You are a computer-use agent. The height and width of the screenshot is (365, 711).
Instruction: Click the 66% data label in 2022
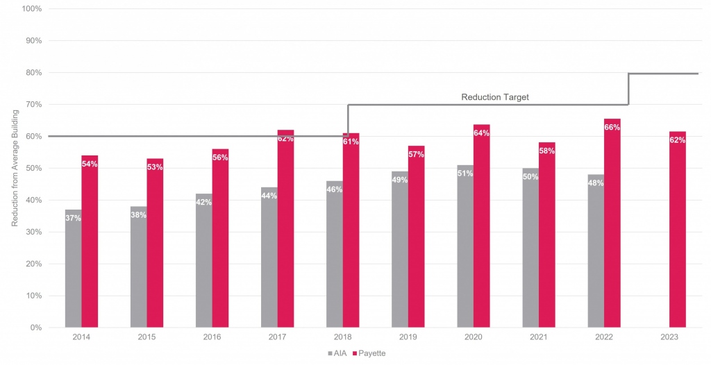coord(612,128)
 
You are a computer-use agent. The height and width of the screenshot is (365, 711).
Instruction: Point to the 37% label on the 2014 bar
coord(73,218)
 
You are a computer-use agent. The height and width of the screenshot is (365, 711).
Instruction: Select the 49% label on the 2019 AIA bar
coord(400,180)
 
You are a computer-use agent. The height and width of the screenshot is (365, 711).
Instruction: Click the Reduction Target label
coord(495,97)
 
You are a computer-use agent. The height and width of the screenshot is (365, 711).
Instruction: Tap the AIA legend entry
coord(337,353)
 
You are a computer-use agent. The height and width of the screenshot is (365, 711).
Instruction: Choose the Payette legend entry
coord(369,353)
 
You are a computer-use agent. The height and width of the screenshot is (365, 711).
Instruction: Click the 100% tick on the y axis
coord(32,9)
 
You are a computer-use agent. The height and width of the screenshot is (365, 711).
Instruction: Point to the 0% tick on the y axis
coord(35,328)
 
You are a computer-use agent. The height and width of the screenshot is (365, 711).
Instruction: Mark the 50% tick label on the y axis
coord(33,168)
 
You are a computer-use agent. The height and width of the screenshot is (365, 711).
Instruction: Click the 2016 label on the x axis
coord(212,337)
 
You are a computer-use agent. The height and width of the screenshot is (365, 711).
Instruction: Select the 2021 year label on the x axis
coord(539,337)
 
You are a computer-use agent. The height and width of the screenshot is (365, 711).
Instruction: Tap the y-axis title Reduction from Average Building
coord(15,168)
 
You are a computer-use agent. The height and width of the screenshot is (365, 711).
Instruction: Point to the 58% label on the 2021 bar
coord(547,151)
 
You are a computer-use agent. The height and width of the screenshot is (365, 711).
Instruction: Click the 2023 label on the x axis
coord(669,337)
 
